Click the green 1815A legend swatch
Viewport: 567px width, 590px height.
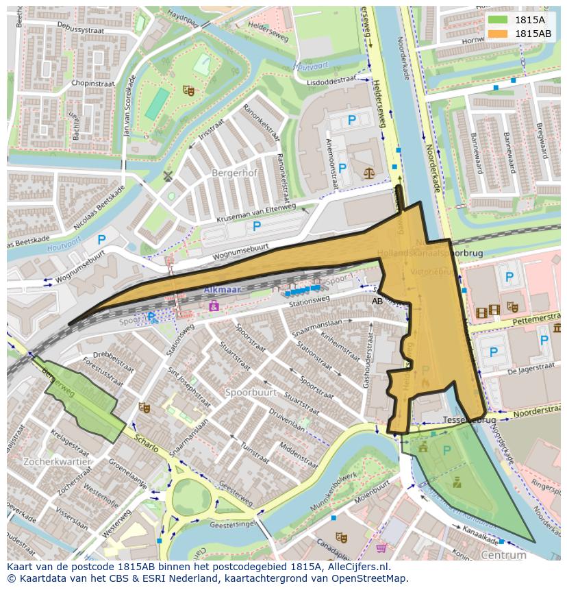[x=499, y=20]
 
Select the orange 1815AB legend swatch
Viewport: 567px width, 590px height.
[x=499, y=34]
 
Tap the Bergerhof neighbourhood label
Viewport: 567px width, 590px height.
[x=234, y=173]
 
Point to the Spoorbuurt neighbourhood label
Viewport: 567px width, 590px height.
[x=251, y=393]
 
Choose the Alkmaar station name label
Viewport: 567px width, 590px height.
[x=223, y=290]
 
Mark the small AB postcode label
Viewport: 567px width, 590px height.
[x=377, y=301]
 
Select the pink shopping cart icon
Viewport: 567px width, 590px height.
[x=381, y=548]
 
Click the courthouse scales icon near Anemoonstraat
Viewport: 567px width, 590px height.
[x=370, y=174]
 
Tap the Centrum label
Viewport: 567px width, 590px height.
[x=503, y=555]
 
